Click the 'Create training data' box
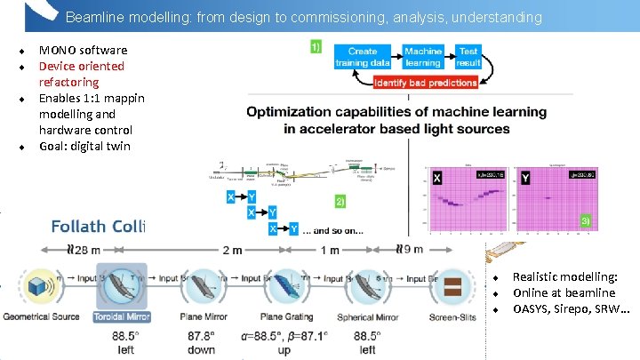(x=363, y=57)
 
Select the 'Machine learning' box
(x=422, y=57)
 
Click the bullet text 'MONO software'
(x=83, y=50)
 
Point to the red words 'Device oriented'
(x=82, y=66)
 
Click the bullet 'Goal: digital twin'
(x=84, y=146)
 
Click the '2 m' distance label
(x=232, y=250)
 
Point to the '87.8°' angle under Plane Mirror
(x=202, y=337)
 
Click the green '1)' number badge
(x=316, y=47)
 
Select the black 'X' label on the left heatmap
(x=436, y=177)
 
